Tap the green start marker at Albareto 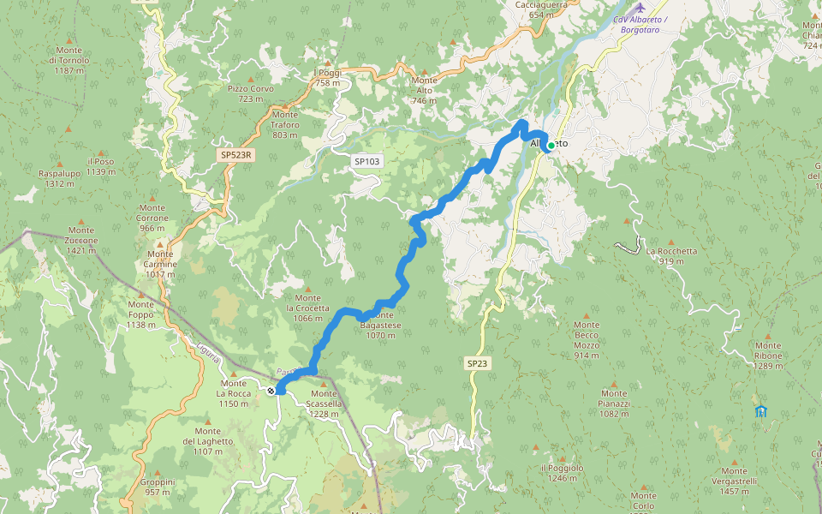click(551, 146)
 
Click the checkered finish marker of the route click(271, 391)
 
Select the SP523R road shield click(235, 155)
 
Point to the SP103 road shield click(366, 161)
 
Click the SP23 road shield click(478, 363)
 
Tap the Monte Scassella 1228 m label click(325, 403)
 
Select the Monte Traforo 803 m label click(285, 124)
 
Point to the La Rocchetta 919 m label click(671, 256)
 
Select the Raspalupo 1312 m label click(60, 178)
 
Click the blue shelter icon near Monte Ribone click(760, 411)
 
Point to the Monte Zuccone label click(81, 236)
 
